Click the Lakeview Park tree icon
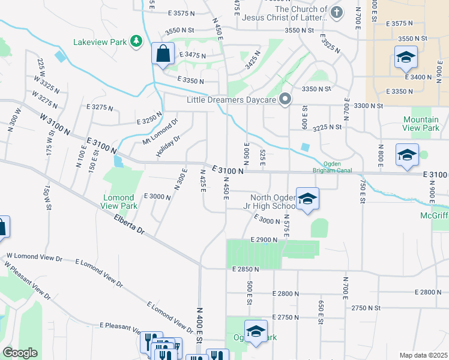(137, 41)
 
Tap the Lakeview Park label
(100, 42)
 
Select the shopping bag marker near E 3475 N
(162, 54)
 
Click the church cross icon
(337, 12)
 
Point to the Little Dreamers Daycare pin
(286, 98)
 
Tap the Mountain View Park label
(421, 124)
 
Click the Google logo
(20, 353)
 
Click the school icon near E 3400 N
(406, 58)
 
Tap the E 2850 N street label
(246, 270)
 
